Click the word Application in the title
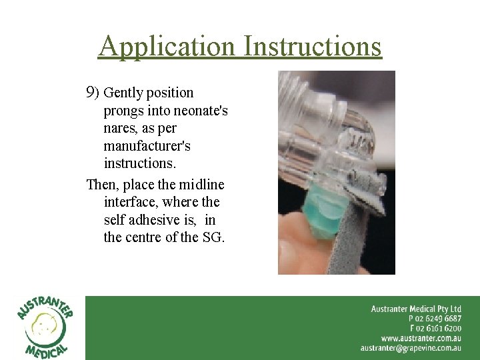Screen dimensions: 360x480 pos(167,47)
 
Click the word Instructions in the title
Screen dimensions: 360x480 pos(313,47)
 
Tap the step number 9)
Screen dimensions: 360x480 pos(93,92)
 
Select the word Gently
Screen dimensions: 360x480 pos(122,93)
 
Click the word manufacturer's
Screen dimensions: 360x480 pos(147,145)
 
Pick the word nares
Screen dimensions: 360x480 pos(121,128)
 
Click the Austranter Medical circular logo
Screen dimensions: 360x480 pos(44,327)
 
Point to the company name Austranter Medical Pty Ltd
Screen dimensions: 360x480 pos(416,309)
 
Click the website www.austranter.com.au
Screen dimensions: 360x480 pos(421,338)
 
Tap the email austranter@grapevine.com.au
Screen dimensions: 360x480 pos(411,347)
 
